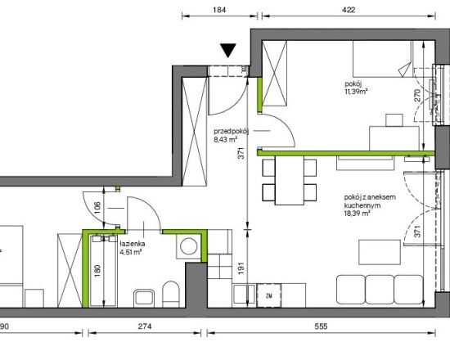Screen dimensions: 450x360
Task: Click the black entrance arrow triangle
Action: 228,50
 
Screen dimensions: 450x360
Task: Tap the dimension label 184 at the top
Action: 219,10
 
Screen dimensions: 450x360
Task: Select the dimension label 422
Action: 349,10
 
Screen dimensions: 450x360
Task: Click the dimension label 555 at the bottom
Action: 321,326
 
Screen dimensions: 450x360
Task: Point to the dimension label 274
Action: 145,326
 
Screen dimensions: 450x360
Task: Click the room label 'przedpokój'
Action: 231,132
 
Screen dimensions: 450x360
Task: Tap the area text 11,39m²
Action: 357,92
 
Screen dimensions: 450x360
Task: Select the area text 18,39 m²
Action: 357,214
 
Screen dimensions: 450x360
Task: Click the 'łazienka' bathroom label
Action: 133,244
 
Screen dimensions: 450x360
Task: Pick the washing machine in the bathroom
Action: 188,246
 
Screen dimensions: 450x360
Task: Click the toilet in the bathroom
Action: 171,294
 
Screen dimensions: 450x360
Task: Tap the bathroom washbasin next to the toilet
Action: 144,298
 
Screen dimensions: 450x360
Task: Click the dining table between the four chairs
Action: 290,180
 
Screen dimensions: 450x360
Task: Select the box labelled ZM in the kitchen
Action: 269,295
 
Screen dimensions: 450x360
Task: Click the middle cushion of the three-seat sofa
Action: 380,290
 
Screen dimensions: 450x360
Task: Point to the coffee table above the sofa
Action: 380,252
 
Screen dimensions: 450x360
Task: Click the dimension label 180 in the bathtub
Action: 97,271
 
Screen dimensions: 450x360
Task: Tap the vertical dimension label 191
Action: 241,268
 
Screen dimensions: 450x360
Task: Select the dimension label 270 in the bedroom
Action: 417,95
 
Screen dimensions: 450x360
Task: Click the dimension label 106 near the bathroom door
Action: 97,208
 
